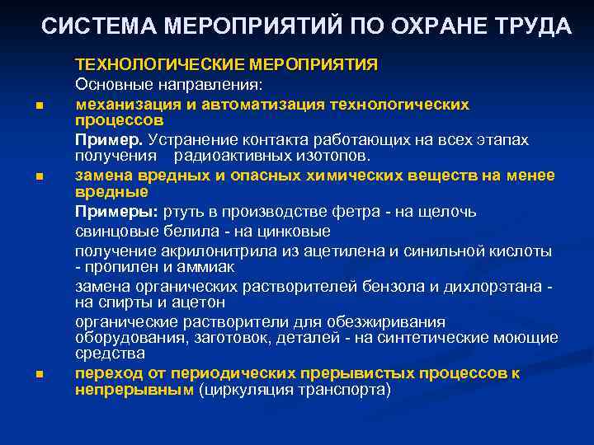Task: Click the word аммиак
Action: pyautogui.click(x=209, y=266)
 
